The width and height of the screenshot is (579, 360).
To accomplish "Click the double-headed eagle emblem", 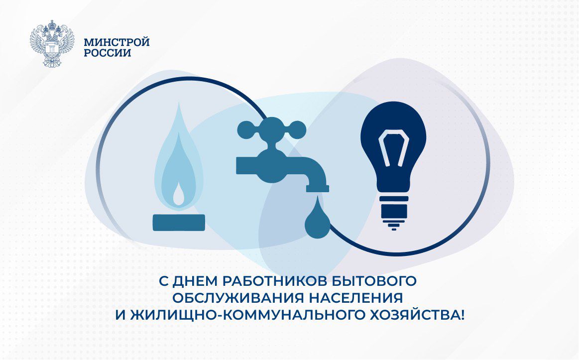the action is click(x=52, y=43).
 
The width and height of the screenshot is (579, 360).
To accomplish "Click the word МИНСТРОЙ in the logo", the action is click(x=116, y=42).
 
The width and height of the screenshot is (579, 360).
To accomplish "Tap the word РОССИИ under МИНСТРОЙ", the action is click(x=108, y=53).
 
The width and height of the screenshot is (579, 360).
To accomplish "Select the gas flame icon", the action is click(x=179, y=154).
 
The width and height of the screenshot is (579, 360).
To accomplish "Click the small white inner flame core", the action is click(x=179, y=195).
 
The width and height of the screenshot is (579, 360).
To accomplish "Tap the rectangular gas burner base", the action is click(x=179, y=223).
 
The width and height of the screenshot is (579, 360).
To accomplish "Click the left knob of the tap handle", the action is click(x=245, y=129).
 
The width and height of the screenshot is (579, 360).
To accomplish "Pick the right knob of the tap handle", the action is click(x=297, y=129).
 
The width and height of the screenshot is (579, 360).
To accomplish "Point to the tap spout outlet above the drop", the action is click(x=317, y=188).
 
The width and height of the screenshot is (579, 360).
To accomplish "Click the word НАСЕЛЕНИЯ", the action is click(x=355, y=298).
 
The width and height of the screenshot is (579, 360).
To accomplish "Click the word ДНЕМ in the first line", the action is click(x=195, y=281).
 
